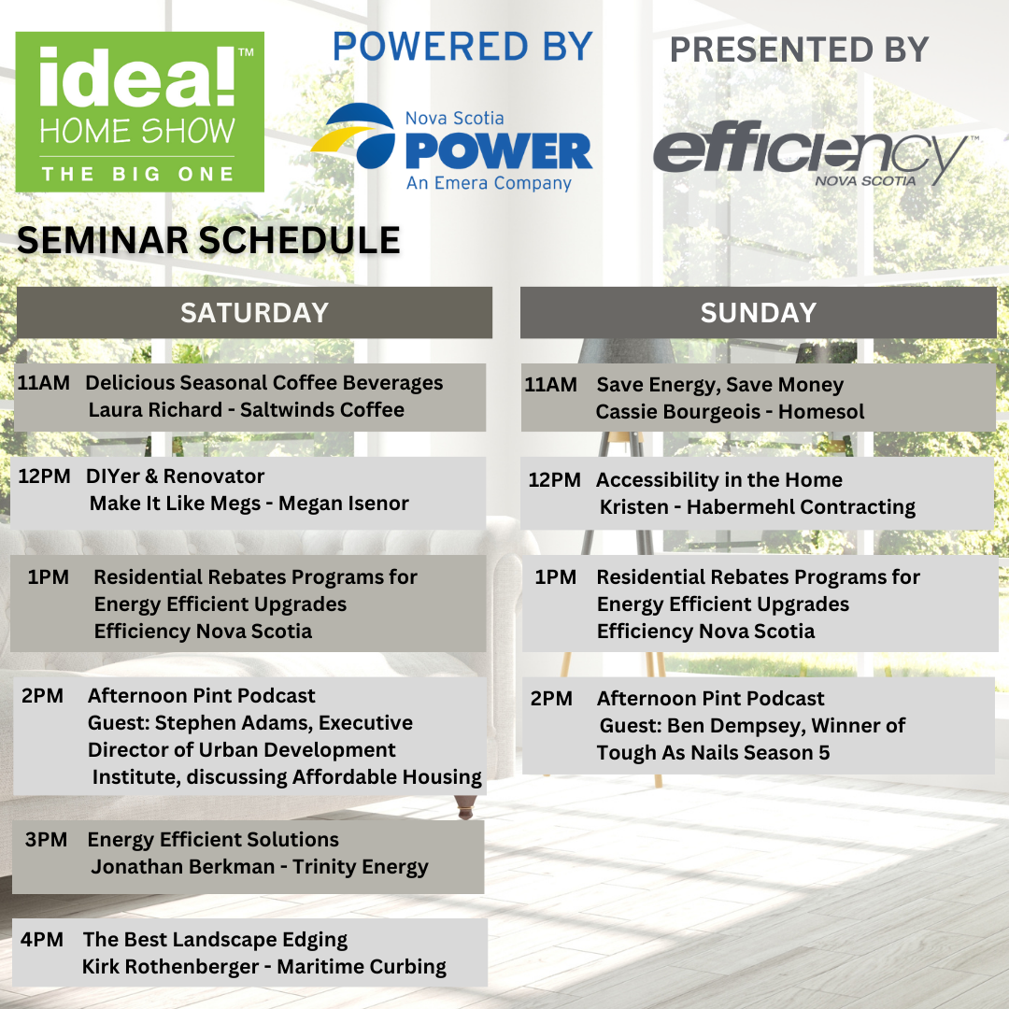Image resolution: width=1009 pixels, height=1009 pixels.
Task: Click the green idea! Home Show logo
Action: [139, 111]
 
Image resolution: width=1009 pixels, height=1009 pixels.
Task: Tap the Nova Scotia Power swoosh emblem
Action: [354, 135]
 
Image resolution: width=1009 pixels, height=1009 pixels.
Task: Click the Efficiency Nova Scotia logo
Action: [812, 153]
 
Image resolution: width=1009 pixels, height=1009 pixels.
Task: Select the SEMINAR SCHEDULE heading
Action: [208, 240]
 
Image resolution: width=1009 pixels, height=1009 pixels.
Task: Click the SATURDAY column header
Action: [254, 313]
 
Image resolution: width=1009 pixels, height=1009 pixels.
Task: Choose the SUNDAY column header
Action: [758, 313]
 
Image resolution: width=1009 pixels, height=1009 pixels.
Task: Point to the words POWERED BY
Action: [462, 47]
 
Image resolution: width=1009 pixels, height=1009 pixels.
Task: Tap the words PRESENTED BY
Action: [799, 50]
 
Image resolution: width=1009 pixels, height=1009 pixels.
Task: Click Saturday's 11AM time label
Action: [44, 383]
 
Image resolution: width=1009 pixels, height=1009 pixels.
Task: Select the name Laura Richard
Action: [155, 410]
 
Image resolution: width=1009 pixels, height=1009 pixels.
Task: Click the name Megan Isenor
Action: [344, 504]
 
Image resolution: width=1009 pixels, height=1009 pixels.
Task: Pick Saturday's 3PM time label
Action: [47, 840]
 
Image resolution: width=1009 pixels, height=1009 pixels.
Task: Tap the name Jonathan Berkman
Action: [183, 867]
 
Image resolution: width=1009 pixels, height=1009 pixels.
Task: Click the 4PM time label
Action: [42, 940]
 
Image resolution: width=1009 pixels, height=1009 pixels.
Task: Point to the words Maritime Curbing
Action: [362, 967]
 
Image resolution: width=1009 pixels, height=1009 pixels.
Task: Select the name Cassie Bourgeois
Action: [678, 412]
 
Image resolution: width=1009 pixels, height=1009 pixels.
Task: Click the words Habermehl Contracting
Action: [802, 507]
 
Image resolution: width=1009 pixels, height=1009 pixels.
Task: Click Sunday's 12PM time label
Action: [555, 480]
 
